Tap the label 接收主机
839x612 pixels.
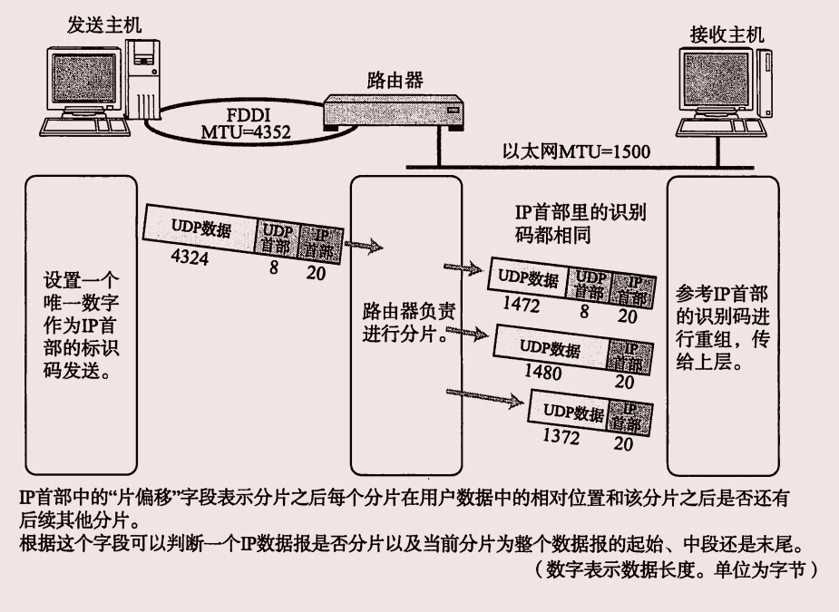[x=727, y=34]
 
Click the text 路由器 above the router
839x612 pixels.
[x=395, y=80]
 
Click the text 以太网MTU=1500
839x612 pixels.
[x=576, y=151]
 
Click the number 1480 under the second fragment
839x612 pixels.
[x=542, y=373]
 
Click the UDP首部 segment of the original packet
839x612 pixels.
[x=277, y=237]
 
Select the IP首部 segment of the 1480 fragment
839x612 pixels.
[x=626, y=356]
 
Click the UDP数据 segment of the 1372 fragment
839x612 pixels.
[x=573, y=413]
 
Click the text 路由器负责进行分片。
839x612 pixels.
[x=407, y=322]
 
